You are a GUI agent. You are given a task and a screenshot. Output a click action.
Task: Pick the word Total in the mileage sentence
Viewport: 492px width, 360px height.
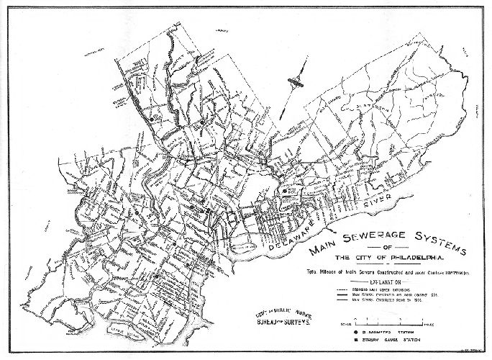[317, 272]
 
